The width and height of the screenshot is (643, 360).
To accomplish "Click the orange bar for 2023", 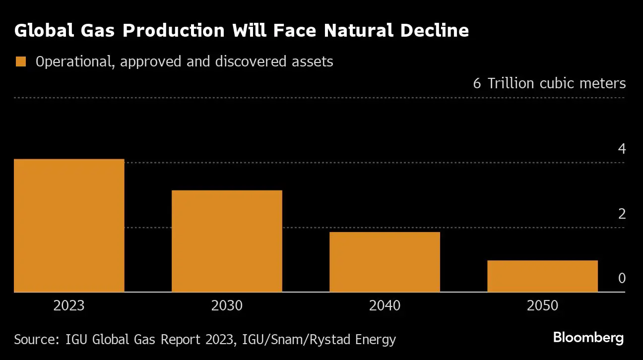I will [x=69, y=226].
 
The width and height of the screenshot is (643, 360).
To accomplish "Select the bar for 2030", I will [x=227, y=241].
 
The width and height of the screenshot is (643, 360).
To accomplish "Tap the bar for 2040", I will [x=385, y=262].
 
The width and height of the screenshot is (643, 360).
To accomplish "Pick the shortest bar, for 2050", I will [x=542, y=276].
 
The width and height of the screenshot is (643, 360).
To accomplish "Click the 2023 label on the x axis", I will [x=69, y=305].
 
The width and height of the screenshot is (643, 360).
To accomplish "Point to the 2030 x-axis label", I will [x=227, y=305].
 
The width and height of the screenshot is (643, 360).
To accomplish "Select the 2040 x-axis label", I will [x=385, y=305].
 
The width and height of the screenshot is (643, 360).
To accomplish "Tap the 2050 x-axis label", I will [x=542, y=305].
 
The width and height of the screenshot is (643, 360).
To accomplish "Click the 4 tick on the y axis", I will [x=622, y=149].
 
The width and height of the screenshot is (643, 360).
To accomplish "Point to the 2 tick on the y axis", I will [x=622, y=214].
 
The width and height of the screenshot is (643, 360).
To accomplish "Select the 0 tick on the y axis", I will [x=622, y=279].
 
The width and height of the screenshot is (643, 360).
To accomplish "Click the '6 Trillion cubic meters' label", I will [x=549, y=83].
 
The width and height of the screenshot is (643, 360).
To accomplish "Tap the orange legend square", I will [x=20, y=62].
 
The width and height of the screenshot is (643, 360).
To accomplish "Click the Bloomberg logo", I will [x=588, y=339].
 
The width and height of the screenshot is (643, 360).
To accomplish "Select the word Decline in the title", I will [x=432, y=31].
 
